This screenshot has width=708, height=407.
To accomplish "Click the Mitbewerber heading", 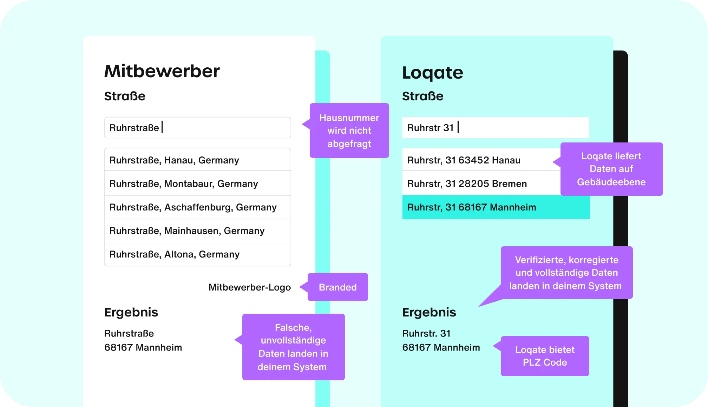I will point(162,71).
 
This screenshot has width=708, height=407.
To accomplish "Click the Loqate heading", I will point(432,73).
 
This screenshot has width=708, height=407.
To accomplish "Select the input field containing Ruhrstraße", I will point(197,128).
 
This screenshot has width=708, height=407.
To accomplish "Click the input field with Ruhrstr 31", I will point(495,128).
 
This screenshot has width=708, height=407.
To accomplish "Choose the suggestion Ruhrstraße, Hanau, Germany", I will point(197,160).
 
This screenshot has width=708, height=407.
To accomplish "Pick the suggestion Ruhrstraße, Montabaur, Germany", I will point(197,184).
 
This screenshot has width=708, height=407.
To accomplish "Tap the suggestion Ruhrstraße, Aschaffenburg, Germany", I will point(197,207).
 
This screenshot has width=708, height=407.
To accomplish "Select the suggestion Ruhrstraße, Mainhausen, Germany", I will point(197,231).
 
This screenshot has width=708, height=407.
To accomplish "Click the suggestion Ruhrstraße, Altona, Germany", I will point(197,254).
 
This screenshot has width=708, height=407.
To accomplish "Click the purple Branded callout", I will point(337,287).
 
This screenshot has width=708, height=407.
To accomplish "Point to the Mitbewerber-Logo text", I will point(249,287).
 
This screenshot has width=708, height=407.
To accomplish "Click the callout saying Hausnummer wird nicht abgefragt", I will point(349,131).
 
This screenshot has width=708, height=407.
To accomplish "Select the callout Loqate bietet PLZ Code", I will point(545,356).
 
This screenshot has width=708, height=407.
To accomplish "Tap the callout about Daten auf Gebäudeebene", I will point(611,169).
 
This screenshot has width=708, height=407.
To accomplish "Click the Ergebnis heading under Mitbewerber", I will point(131,312).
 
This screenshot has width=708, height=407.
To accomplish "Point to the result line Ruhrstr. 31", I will point(426,333).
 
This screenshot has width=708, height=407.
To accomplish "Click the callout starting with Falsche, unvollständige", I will point(293,347).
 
